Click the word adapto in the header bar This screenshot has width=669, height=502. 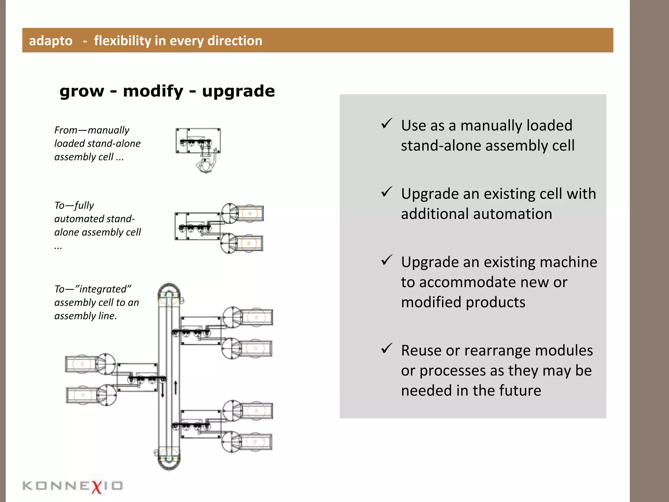51,41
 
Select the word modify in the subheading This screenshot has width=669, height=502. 153,91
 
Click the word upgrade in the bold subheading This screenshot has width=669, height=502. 238,91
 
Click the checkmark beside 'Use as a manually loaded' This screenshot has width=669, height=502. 386,124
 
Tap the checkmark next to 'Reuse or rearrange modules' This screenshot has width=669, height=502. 386,349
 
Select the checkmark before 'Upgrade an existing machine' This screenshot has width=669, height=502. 386,260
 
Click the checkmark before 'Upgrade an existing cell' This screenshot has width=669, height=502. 386,192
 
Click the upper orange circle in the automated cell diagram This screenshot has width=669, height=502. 250,213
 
